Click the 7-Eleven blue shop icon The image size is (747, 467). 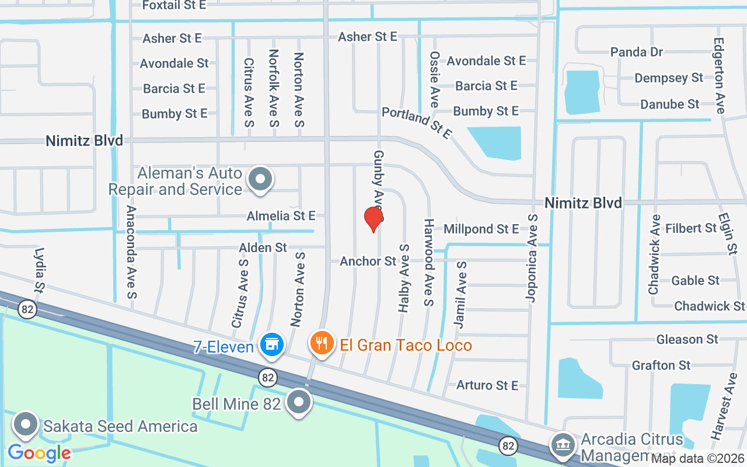pos(271,344)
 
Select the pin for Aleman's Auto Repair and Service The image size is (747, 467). pos(260,179)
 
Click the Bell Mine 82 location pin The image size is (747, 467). pos(300,402)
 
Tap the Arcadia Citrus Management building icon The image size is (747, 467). pos(562,444)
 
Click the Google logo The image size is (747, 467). pos(39,452)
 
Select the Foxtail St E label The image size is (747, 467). pos(174,5)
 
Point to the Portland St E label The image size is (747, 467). pos(417,122)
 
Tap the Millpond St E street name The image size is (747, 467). pos(481,229)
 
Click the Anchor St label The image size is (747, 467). pos(368,261)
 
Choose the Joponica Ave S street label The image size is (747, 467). pos(532,257)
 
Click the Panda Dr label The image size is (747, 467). pos(637,52)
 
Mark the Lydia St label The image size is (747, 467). pos(40,270)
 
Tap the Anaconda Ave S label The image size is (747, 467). pos(132,252)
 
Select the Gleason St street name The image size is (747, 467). pos(687,339)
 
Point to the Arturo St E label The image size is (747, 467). pos(487,385)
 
